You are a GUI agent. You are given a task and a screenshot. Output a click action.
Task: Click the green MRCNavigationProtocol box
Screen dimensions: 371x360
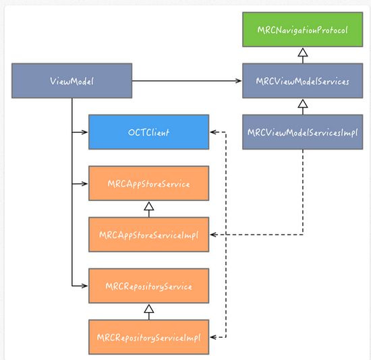pos(303,30)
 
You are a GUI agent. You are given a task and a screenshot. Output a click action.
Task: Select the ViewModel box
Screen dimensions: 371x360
pos(72,81)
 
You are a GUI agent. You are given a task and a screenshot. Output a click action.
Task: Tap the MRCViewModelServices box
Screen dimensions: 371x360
pos(303,81)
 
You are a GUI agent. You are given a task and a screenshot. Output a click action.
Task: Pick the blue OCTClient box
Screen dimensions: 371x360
pos(149,132)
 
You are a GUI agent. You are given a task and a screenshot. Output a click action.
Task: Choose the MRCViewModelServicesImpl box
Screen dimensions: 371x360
pos(303,132)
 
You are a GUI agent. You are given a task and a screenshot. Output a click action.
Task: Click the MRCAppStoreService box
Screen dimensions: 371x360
pos(149,183)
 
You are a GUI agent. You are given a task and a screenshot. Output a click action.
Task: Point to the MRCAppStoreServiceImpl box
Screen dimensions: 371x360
pos(149,235)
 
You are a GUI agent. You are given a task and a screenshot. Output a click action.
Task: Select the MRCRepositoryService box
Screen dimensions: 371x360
pos(149,286)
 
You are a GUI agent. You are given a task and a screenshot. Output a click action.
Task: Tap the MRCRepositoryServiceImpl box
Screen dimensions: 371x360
pos(149,337)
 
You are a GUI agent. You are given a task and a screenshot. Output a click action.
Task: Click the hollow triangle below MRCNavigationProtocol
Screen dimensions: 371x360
pos(303,53)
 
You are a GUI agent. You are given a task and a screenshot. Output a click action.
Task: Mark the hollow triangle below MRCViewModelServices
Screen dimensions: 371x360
pos(303,104)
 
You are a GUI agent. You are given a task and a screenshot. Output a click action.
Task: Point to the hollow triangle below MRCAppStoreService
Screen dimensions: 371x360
pos(149,206)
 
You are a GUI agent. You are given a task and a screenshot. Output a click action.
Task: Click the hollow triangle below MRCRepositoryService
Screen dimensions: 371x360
pos(149,309)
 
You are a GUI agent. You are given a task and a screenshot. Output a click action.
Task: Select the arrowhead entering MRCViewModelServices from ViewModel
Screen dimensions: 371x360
pos(238,81)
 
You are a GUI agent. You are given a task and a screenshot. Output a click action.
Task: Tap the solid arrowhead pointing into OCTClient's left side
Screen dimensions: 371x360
pos(84,132)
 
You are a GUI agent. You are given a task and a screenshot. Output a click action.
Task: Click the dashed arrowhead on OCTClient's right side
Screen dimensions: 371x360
pos(213,132)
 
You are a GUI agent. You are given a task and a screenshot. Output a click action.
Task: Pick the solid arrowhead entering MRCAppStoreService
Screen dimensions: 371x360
pos(84,183)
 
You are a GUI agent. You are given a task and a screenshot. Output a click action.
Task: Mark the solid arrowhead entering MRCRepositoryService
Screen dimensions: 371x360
pos(84,286)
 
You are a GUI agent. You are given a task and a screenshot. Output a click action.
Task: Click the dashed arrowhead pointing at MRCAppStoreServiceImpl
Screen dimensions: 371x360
pos(213,235)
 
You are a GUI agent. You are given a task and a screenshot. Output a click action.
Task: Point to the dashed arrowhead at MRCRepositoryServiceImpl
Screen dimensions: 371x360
pos(213,337)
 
